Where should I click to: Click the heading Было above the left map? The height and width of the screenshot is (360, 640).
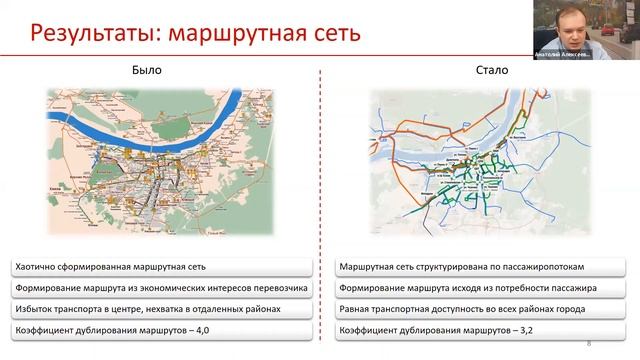(x=147, y=71)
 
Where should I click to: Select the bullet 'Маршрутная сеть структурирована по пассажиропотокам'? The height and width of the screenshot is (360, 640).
(x=441, y=269)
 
